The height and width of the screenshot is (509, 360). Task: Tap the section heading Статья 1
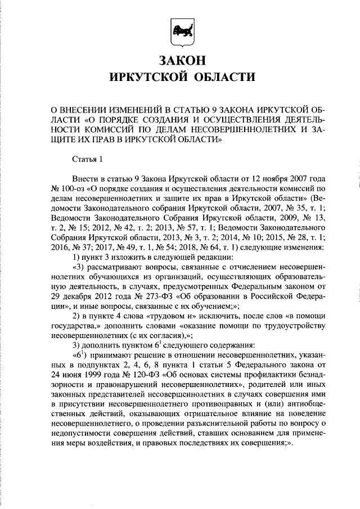point(88,159)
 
